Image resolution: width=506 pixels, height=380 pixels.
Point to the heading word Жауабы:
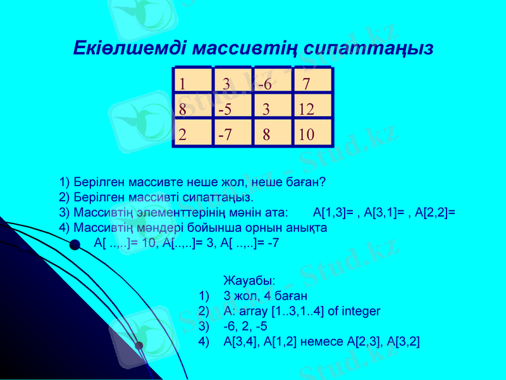(249, 280)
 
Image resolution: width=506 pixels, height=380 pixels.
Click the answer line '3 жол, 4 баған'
(265, 296)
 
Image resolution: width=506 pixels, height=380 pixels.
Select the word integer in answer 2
(359, 311)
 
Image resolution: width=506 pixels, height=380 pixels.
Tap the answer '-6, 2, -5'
(245, 326)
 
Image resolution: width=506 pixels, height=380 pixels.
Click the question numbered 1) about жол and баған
(192, 182)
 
